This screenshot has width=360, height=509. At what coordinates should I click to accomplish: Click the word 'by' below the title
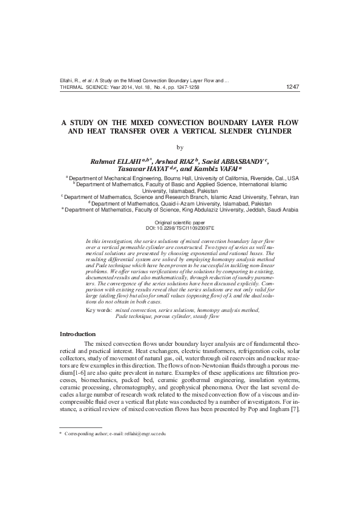180,147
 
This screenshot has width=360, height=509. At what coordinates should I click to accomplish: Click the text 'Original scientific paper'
180,224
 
